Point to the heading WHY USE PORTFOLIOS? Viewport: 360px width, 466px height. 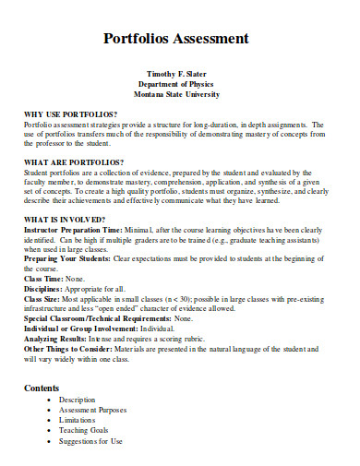tap(73, 114)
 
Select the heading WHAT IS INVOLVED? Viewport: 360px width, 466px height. tap(66, 220)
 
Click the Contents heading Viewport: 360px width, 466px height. tap(42, 388)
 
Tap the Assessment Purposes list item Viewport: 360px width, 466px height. tap(93, 410)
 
